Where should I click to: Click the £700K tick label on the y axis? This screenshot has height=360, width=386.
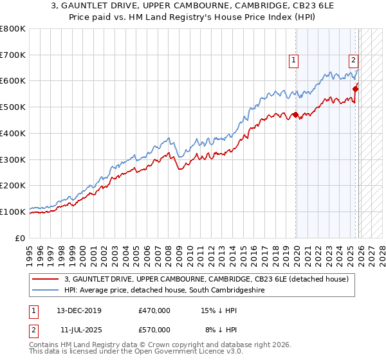[13, 55]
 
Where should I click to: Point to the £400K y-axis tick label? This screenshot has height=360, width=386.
[13, 134]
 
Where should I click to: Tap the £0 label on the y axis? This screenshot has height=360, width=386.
[21, 238]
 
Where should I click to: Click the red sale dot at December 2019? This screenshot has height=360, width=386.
[295, 115]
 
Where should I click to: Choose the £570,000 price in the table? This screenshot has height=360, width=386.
[154, 329]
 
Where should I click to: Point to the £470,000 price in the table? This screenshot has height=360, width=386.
[154, 310]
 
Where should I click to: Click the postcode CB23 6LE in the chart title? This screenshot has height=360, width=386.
[286, 4]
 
